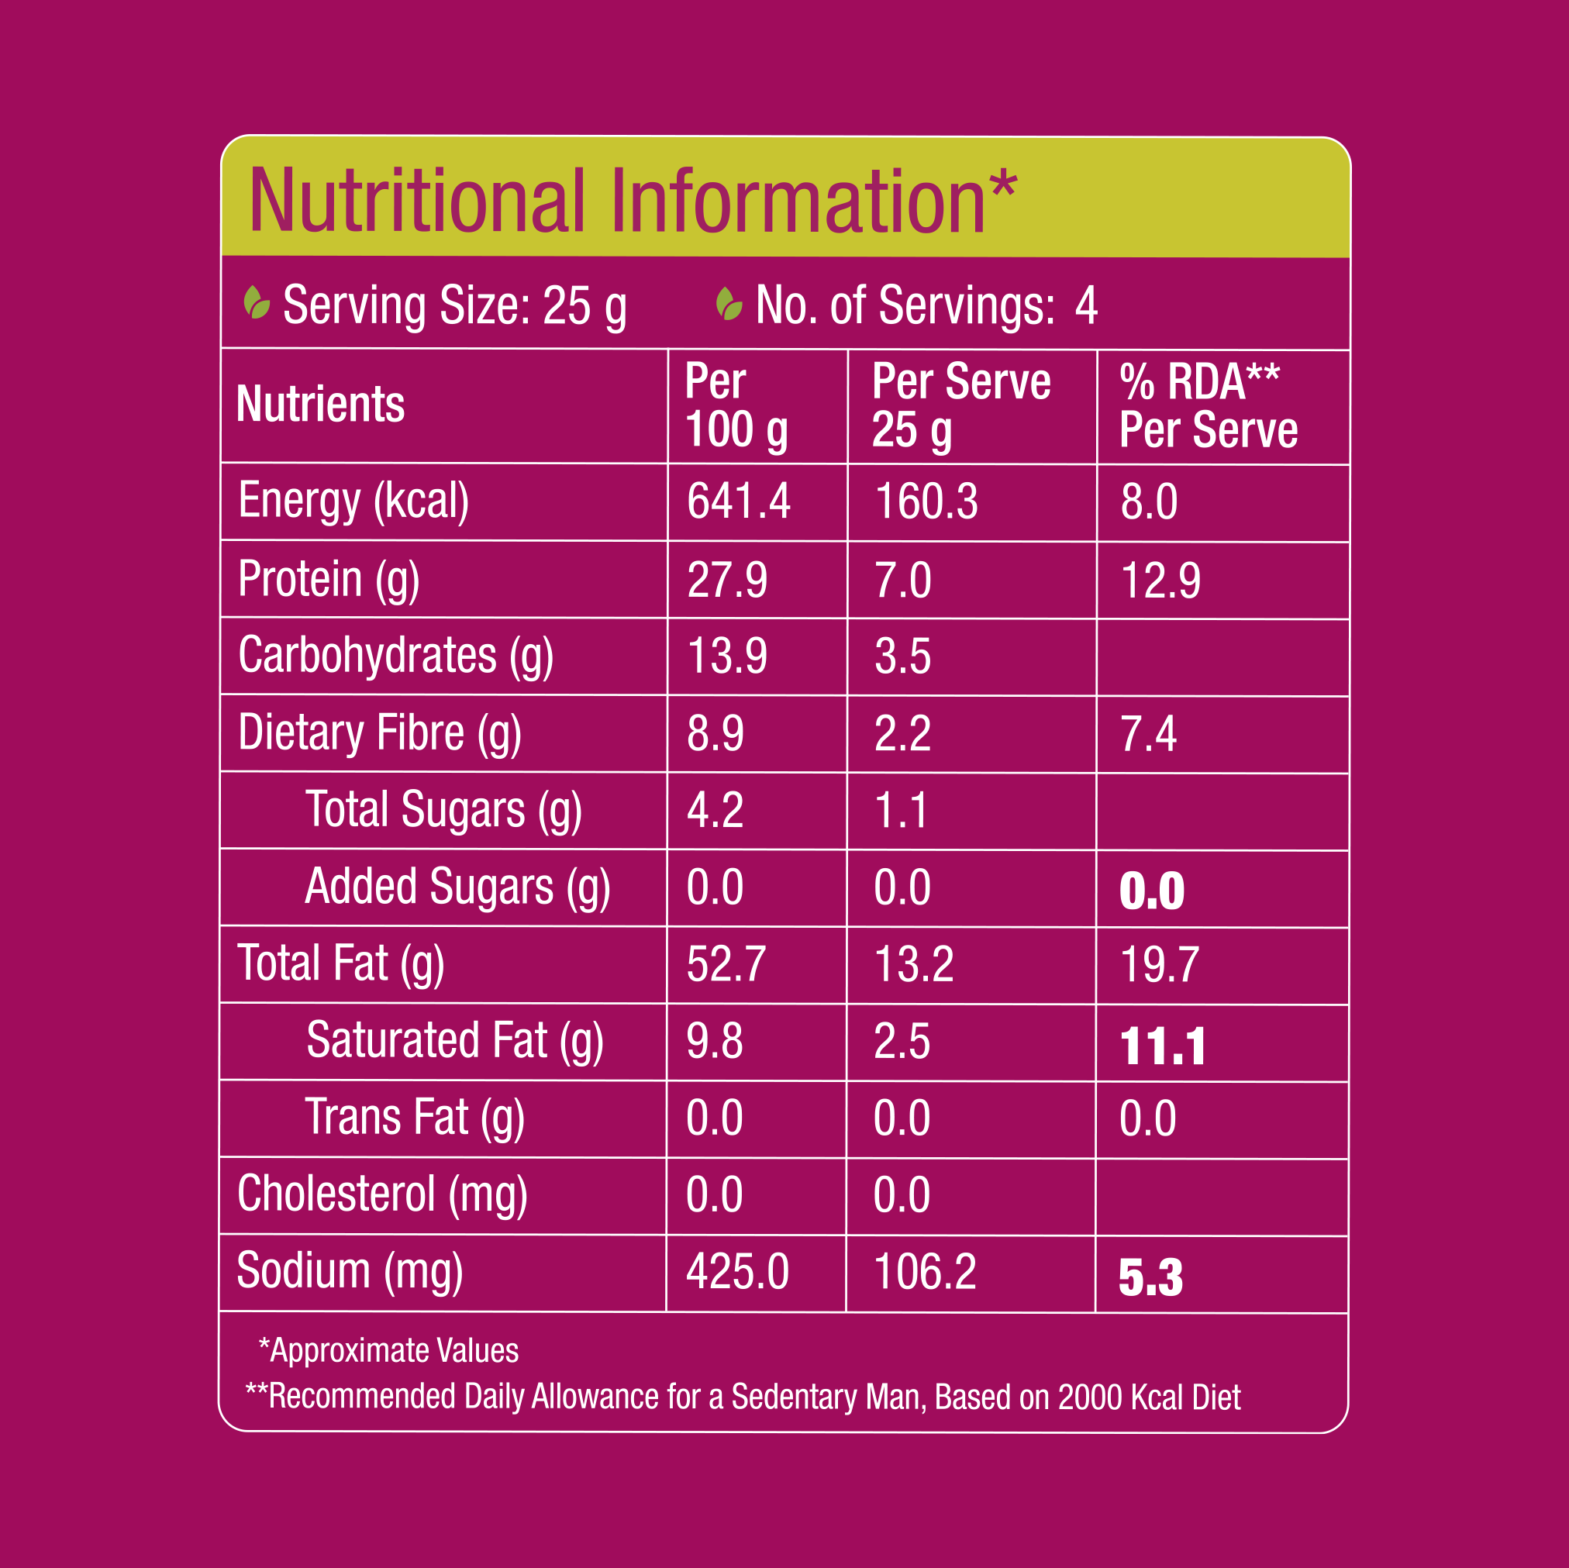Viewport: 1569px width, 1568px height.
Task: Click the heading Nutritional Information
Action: [x=632, y=201]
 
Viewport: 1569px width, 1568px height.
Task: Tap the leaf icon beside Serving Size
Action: [x=257, y=303]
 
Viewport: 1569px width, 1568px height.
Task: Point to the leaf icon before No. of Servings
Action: [x=729, y=305]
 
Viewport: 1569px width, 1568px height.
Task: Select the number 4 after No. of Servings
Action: [x=1086, y=305]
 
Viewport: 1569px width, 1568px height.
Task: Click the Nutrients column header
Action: [x=320, y=405]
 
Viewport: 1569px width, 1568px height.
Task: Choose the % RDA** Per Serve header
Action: [x=1208, y=405]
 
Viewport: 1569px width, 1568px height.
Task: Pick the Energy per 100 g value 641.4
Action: [x=738, y=501]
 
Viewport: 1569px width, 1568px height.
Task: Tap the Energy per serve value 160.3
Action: [x=926, y=501]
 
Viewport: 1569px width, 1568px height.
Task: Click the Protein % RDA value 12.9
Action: [x=1160, y=581]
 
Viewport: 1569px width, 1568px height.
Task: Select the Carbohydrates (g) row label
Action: [x=395, y=656]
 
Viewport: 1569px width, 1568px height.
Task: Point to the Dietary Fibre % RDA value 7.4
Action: [x=1147, y=734]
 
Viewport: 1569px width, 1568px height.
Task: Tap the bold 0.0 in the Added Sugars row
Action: [x=1152, y=891]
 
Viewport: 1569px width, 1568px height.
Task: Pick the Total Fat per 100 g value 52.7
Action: [x=726, y=965]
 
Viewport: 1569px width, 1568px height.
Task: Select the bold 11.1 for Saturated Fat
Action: [x=1162, y=1046]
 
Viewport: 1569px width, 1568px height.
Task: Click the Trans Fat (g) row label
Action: [x=414, y=1118]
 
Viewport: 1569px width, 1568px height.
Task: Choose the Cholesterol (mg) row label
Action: [x=381, y=1194]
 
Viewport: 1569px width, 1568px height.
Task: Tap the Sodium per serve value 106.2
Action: [x=924, y=1272]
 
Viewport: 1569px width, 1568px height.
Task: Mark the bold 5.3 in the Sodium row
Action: [x=1150, y=1277]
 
